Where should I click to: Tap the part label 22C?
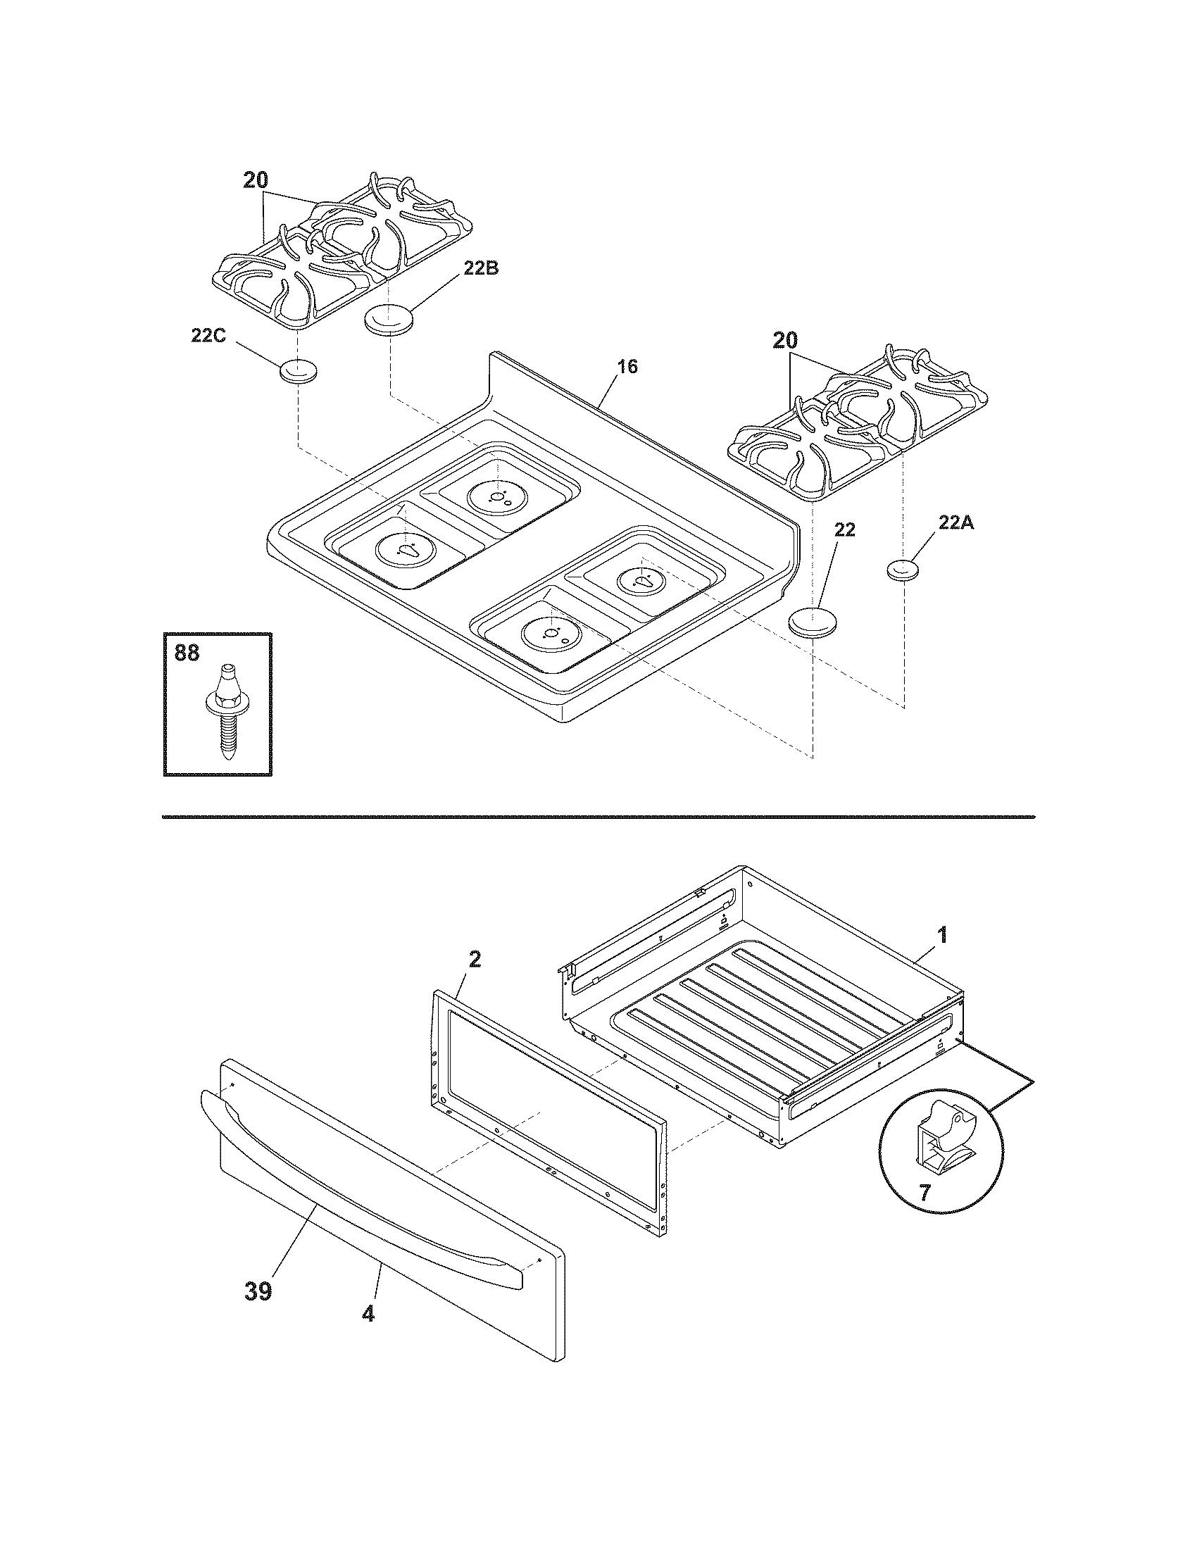click(x=208, y=335)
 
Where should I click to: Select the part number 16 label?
click(x=627, y=367)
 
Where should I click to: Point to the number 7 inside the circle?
click(x=924, y=1192)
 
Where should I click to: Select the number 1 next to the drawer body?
click(x=941, y=934)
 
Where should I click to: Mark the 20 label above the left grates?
click(x=256, y=180)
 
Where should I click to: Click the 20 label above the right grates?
click(x=786, y=341)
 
